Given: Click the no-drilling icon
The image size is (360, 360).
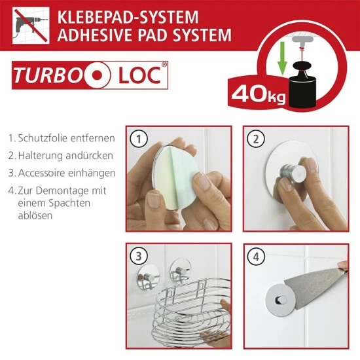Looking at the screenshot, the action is (31, 26).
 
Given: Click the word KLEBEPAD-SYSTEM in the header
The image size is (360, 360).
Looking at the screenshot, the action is (128, 17).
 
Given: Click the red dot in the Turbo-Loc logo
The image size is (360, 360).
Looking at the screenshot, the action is (97, 75).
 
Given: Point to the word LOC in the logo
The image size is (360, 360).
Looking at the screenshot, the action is (140, 75).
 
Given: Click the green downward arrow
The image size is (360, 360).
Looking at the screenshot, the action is (282, 58).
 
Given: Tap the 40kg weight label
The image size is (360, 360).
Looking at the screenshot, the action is (259, 94).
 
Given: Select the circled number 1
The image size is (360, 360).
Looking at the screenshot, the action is (139, 139).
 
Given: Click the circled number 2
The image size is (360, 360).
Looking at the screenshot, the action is (256, 139).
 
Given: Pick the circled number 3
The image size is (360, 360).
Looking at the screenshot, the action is (139, 256).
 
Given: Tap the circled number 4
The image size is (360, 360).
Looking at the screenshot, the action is (256, 257).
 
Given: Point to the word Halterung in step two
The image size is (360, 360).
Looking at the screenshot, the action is (41, 156).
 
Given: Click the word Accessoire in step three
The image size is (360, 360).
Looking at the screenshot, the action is (41, 173).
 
